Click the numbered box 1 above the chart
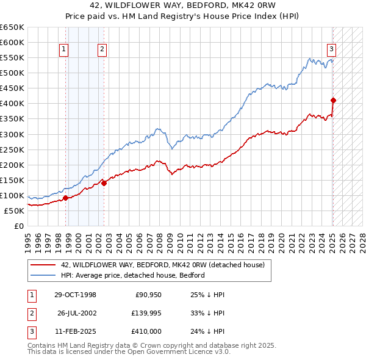[64, 50]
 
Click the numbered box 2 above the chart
[102, 50]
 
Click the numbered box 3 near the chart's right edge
[331, 50]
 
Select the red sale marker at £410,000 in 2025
[333, 100]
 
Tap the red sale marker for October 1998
[65, 198]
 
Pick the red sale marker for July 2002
[104, 182]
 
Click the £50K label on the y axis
[14, 211]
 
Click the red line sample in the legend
[43, 265]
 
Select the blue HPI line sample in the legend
[43, 275]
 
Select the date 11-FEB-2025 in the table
[75, 331]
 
